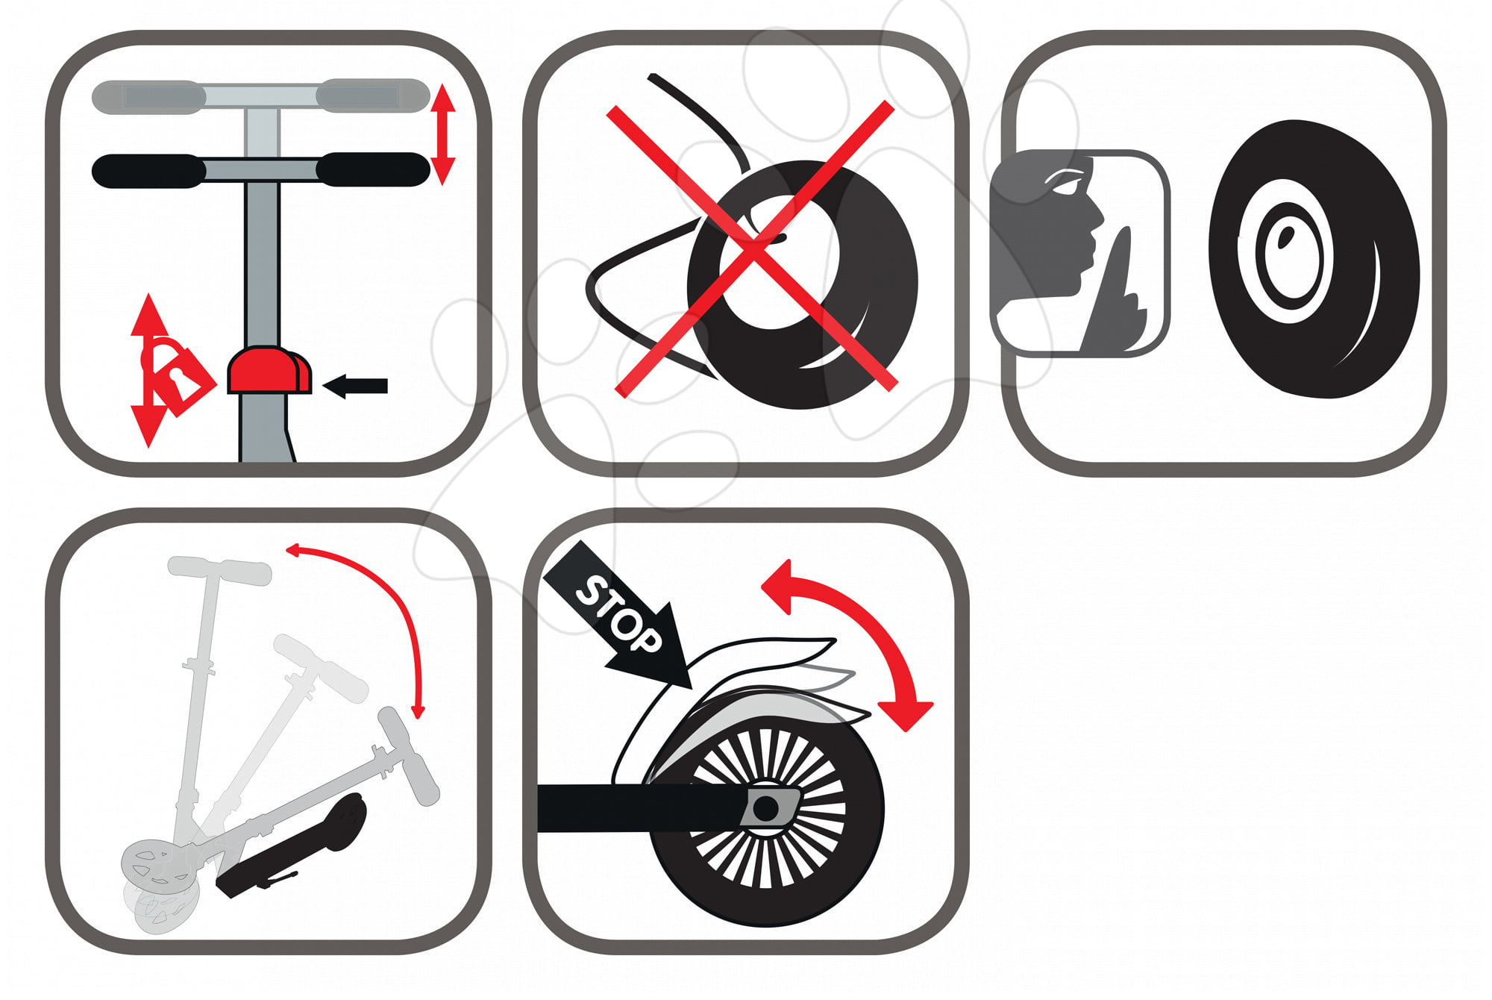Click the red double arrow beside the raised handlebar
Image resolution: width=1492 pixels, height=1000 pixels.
click(443, 134)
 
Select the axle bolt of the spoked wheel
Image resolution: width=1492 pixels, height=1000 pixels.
click(765, 807)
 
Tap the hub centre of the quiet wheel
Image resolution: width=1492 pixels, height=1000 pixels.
click(1285, 237)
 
